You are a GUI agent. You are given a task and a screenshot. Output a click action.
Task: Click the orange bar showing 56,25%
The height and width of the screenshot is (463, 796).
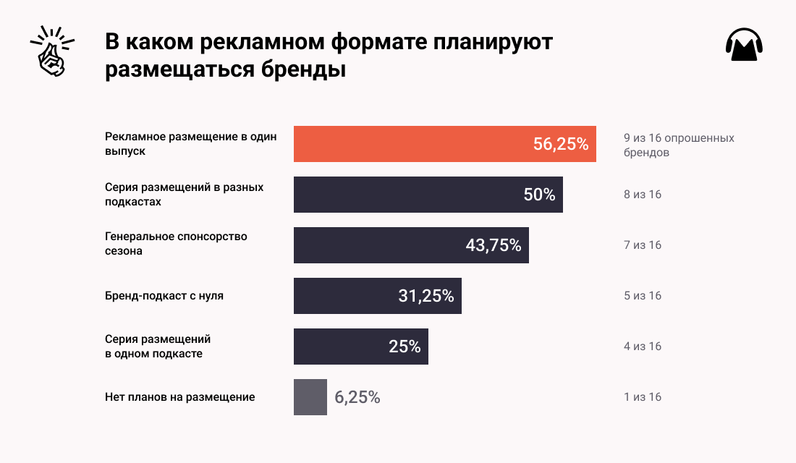click(x=444, y=144)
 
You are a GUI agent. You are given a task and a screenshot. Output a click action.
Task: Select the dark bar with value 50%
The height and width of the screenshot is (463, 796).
click(x=428, y=195)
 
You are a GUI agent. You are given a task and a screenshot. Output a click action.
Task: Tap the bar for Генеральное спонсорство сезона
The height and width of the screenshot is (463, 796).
click(x=411, y=245)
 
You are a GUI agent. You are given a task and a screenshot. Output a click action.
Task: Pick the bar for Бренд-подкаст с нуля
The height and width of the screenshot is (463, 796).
click(x=377, y=296)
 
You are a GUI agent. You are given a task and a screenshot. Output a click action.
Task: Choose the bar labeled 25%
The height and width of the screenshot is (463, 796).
click(x=360, y=347)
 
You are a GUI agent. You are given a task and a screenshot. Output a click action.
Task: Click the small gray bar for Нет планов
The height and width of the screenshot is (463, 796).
click(x=310, y=397)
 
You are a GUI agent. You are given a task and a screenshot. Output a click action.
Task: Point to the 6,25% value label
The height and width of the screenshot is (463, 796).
click(x=357, y=397)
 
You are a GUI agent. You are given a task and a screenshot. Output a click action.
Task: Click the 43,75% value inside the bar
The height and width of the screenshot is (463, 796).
click(x=494, y=245)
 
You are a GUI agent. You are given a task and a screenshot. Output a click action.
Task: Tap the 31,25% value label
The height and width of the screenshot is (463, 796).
click(x=426, y=296)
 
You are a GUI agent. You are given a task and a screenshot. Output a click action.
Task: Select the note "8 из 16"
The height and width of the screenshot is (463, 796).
click(x=643, y=195)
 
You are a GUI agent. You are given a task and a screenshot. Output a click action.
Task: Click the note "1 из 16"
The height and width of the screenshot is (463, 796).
click(x=643, y=397)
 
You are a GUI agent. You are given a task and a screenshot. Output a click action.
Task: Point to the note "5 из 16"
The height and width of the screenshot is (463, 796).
click(x=643, y=296)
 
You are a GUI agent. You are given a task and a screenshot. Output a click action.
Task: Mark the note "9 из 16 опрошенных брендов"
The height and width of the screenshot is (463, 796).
click(x=678, y=145)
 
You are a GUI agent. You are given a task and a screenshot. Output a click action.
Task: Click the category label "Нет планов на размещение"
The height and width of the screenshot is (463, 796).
click(x=179, y=397)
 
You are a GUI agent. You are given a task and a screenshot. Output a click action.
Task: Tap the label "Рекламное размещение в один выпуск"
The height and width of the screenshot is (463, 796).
click(x=190, y=144)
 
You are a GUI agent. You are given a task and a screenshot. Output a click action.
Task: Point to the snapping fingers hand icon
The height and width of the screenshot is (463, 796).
click(x=50, y=52)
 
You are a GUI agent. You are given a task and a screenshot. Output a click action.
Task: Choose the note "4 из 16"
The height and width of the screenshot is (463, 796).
click(x=643, y=347)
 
